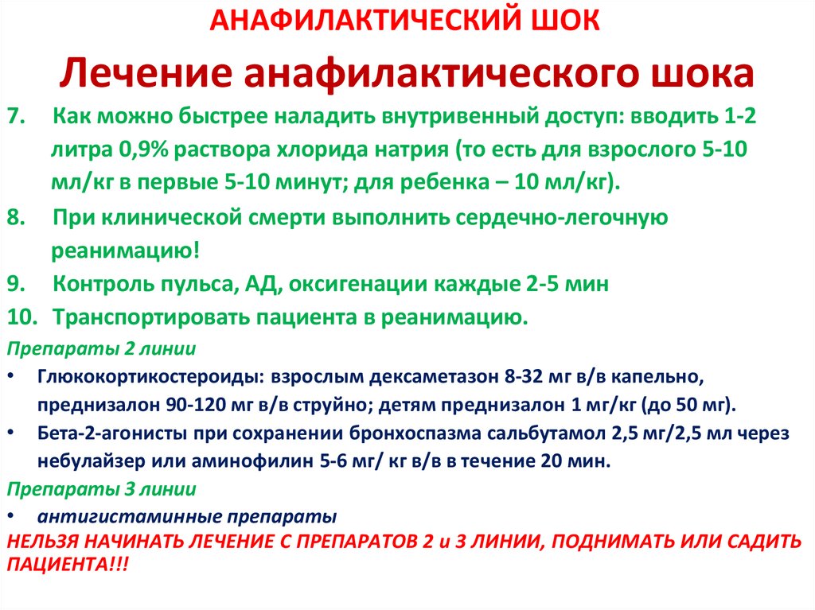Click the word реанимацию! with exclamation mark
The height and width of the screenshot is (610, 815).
point(127,251)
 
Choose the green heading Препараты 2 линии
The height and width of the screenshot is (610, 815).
point(101,349)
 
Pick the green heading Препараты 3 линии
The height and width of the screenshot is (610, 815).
point(101,488)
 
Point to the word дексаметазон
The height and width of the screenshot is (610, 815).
point(432,377)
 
